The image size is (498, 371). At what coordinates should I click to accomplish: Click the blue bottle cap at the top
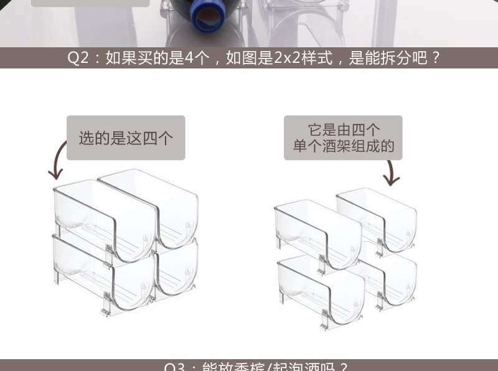[x=206, y=16]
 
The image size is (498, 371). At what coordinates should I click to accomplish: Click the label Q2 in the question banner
[x=78, y=59]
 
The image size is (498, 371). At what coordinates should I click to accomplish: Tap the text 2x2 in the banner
[x=286, y=59]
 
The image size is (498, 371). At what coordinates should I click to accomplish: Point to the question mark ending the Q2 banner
[x=436, y=59]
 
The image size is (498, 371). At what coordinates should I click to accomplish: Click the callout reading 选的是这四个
[x=126, y=138]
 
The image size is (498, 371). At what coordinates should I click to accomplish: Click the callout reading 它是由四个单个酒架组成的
[x=343, y=138]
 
